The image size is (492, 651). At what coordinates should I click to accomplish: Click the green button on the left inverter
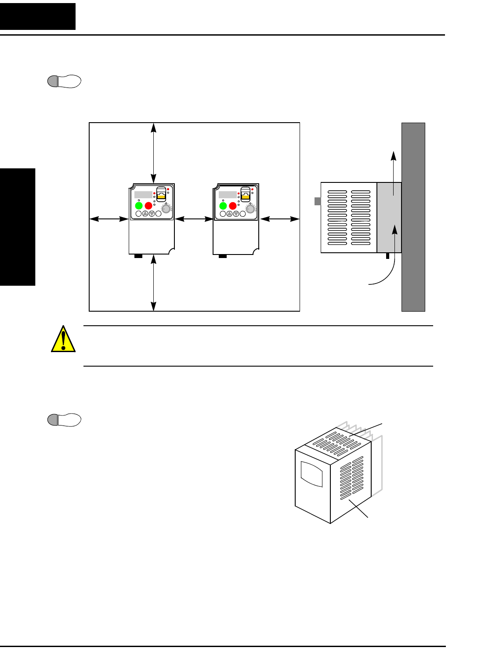click(139, 205)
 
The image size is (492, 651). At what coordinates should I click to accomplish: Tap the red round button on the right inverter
click(233, 205)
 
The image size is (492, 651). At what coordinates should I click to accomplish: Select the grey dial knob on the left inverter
click(166, 209)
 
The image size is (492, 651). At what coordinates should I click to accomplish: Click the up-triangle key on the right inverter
click(229, 214)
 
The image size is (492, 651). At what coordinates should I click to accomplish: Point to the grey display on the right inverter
click(228, 195)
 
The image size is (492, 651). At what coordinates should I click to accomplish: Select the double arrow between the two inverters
click(194, 219)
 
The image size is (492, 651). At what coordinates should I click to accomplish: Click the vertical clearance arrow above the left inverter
click(153, 153)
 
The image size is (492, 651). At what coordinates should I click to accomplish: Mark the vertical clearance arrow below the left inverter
click(153, 283)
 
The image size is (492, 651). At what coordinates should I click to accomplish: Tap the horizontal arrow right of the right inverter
click(279, 219)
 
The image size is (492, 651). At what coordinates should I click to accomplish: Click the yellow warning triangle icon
click(63, 339)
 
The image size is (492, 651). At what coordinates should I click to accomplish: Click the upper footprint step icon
click(64, 81)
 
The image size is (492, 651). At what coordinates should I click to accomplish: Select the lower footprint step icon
click(64, 420)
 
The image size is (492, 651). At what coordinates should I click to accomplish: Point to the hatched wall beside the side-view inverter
click(413, 217)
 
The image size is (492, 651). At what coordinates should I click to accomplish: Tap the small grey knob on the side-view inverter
click(318, 201)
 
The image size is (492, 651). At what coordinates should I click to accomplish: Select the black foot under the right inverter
click(223, 256)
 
